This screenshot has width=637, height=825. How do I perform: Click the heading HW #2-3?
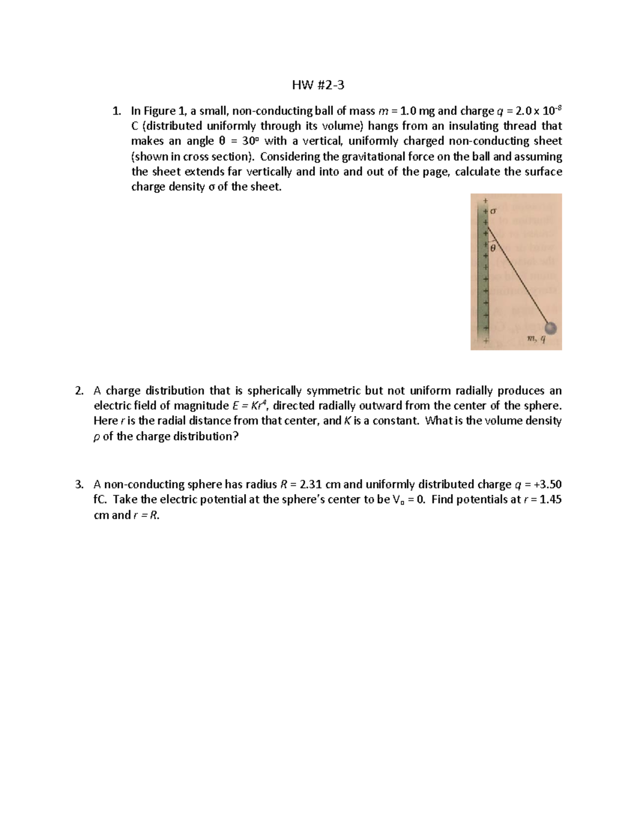tap(318, 85)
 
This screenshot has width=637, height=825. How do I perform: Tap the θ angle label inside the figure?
tap(493, 248)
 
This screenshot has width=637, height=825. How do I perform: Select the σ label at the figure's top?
tap(493, 211)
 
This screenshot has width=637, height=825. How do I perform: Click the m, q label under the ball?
tap(536, 340)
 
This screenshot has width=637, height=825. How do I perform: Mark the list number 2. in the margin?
tap(79, 391)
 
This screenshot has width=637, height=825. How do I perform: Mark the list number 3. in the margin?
tap(79, 484)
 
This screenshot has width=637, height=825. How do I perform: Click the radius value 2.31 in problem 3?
tap(311, 484)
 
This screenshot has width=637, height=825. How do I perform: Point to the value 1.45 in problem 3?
tap(550, 500)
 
